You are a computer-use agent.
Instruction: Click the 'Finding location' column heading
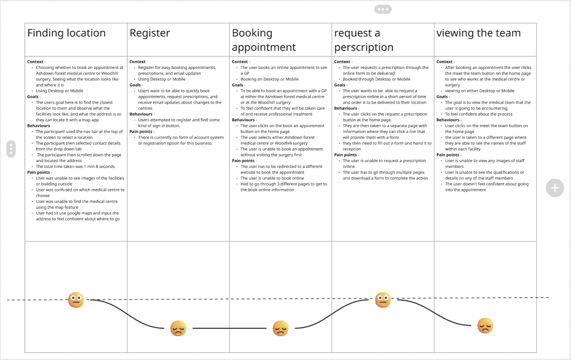tap(67, 33)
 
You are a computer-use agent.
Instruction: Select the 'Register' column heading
tap(150, 33)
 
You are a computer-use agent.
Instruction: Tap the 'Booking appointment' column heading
tap(264, 40)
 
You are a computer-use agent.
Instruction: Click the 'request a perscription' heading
tap(364, 40)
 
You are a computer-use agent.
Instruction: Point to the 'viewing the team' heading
tap(478, 33)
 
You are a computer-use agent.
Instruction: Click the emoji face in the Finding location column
tap(76, 300)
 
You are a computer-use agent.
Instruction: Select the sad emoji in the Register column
tap(178, 328)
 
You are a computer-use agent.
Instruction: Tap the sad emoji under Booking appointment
tap(280, 328)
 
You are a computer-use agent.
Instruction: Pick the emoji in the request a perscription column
tap(383, 300)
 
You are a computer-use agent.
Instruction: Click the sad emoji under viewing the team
tap(485, 326)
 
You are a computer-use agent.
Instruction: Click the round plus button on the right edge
tap(555, 188)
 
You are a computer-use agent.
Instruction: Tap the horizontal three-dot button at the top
tap(383, 9)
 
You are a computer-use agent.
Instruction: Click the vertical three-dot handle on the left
tap(11, 149)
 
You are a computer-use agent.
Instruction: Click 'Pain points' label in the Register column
tap(141, 132)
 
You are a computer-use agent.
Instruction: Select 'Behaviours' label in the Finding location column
tap(38, 126)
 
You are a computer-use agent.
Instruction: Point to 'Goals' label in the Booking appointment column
tap(237, 85)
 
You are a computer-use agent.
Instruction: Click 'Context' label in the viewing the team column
tap(444, 62)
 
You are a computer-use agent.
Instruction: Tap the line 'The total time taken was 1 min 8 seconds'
tap(75, 167)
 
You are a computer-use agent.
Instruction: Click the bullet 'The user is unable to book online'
tap(272, 178)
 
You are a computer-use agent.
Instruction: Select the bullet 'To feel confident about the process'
tap(479, 114)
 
